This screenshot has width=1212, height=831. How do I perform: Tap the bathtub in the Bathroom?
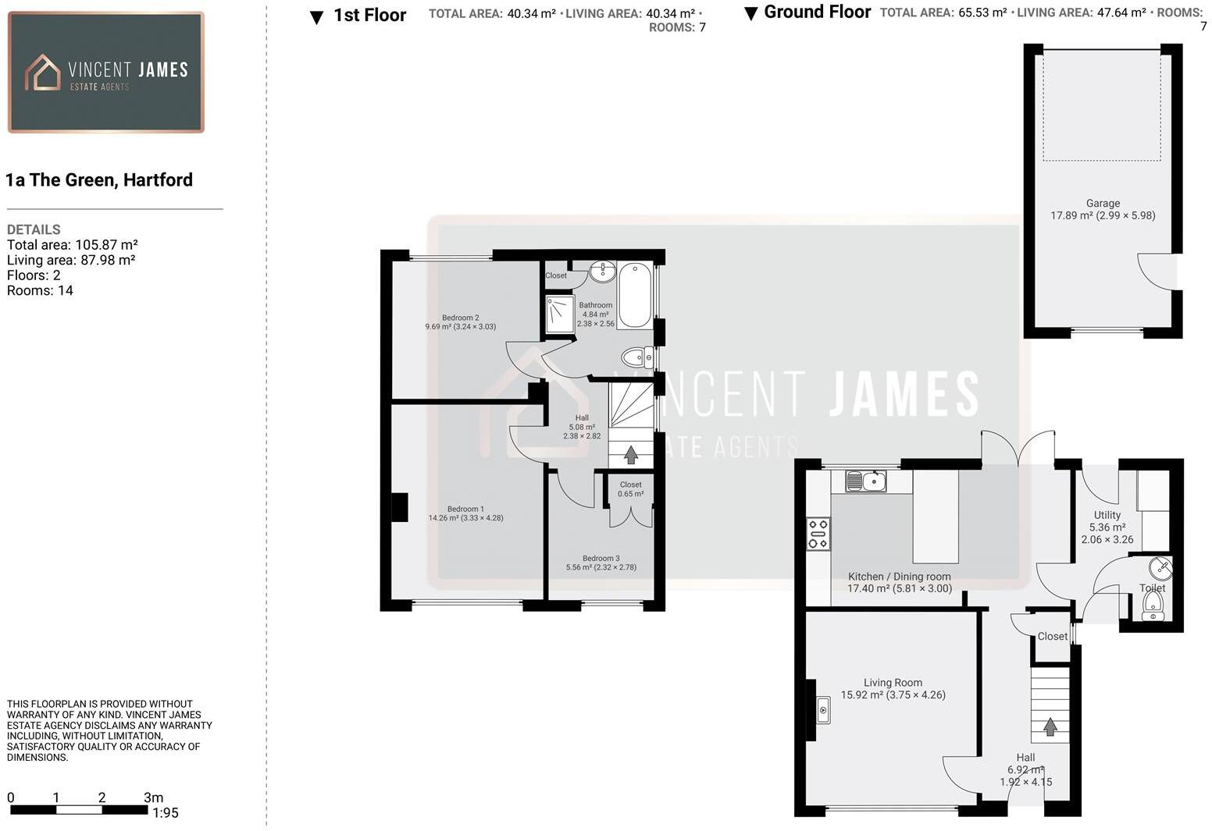tap(634, 295)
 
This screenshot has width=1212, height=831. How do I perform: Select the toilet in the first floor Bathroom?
tap(636, 358)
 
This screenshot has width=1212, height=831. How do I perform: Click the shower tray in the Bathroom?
tap(559, 314)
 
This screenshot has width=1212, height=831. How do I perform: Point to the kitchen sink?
tap(865, 481)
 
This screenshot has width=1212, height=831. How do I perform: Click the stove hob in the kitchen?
tap(818, 534)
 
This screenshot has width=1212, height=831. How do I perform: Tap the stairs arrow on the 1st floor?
tap(631, 454)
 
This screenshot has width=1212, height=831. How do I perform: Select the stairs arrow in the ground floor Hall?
tap(1050, 726)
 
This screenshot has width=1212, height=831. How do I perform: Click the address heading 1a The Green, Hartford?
tap(99, 180)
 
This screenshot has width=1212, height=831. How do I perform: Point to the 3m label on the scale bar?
tap(154, 797)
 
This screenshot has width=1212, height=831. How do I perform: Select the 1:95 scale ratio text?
tap(166, 813)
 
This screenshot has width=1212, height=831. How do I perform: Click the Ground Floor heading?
tap(817, 12)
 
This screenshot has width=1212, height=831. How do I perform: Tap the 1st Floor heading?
tap(369, 16)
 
